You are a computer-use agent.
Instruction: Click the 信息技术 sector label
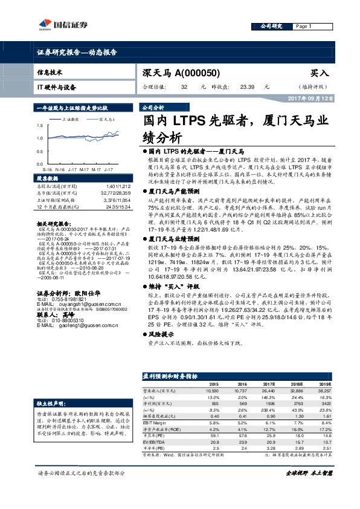point(50,72)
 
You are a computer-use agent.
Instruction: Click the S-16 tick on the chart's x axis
point(47,170)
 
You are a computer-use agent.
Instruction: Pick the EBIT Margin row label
point(155,422)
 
